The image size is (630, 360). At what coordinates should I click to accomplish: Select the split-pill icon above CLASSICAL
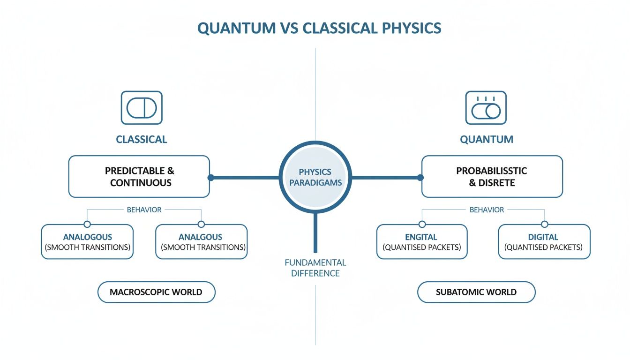[x=142, y=108]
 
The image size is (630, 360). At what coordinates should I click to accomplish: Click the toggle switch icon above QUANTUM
[x=486, y=108]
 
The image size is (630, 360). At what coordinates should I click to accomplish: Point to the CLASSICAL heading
[x=142, y=139]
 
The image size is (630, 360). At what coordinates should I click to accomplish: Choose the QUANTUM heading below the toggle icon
[x=487, y=139]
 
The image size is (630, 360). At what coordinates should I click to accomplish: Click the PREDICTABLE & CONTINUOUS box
[x=139, y=177]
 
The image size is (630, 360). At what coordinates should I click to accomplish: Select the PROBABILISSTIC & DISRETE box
[x=492, y=177]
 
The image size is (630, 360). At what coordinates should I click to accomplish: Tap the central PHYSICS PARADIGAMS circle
[x=315, y=177]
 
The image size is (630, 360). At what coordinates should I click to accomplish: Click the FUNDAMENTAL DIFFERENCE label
[x=315, y=268]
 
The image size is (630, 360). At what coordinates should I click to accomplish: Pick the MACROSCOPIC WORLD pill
[x=156, y=292]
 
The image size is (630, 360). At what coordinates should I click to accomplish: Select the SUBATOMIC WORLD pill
[x=476, y=292]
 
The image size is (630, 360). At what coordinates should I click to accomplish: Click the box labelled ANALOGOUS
[x=87, y=242]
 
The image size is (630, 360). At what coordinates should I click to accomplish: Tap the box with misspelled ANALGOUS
[x=201, y=242]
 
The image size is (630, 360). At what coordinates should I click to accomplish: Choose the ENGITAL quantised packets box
[x=421, y=242]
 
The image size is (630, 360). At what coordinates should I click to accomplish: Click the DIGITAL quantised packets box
[x=544, y=242]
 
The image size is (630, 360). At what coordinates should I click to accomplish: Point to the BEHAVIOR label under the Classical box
[x=144, y=210]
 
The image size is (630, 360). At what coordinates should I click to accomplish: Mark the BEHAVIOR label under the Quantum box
[x=487, y=210]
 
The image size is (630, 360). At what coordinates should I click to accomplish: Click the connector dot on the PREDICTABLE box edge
[x=210, y=178]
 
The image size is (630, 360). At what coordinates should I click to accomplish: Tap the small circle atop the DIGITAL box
[x=544, y=225]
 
